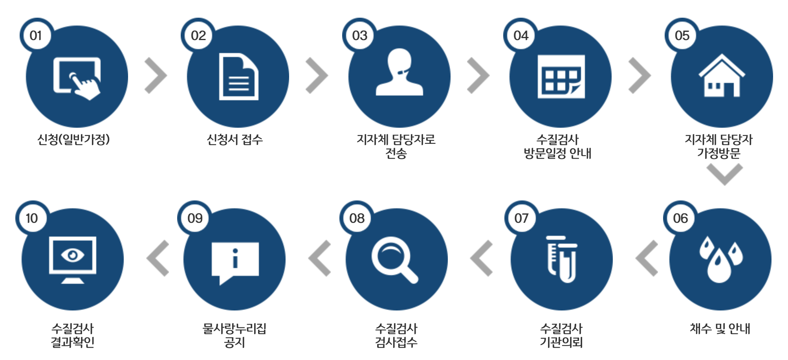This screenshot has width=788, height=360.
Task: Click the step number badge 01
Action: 36,35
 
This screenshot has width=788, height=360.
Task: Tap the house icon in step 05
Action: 722,76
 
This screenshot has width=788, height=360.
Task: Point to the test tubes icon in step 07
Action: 562,259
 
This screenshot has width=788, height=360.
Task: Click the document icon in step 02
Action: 238,77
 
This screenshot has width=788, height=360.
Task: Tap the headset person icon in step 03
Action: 399,72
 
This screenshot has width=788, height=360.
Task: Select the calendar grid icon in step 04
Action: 561,77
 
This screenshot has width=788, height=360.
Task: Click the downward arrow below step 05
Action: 724,174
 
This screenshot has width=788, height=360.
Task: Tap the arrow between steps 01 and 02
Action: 156,76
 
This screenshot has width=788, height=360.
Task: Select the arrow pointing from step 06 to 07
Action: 647,258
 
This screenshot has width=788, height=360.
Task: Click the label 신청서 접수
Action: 235,139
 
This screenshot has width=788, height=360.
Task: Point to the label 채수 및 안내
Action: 720,329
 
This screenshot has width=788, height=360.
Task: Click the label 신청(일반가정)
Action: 73,139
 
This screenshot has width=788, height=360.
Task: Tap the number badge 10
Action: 32,218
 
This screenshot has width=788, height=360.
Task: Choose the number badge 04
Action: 521,35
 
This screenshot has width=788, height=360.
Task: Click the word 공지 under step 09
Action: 235,342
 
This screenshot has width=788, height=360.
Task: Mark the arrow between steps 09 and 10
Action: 158,258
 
